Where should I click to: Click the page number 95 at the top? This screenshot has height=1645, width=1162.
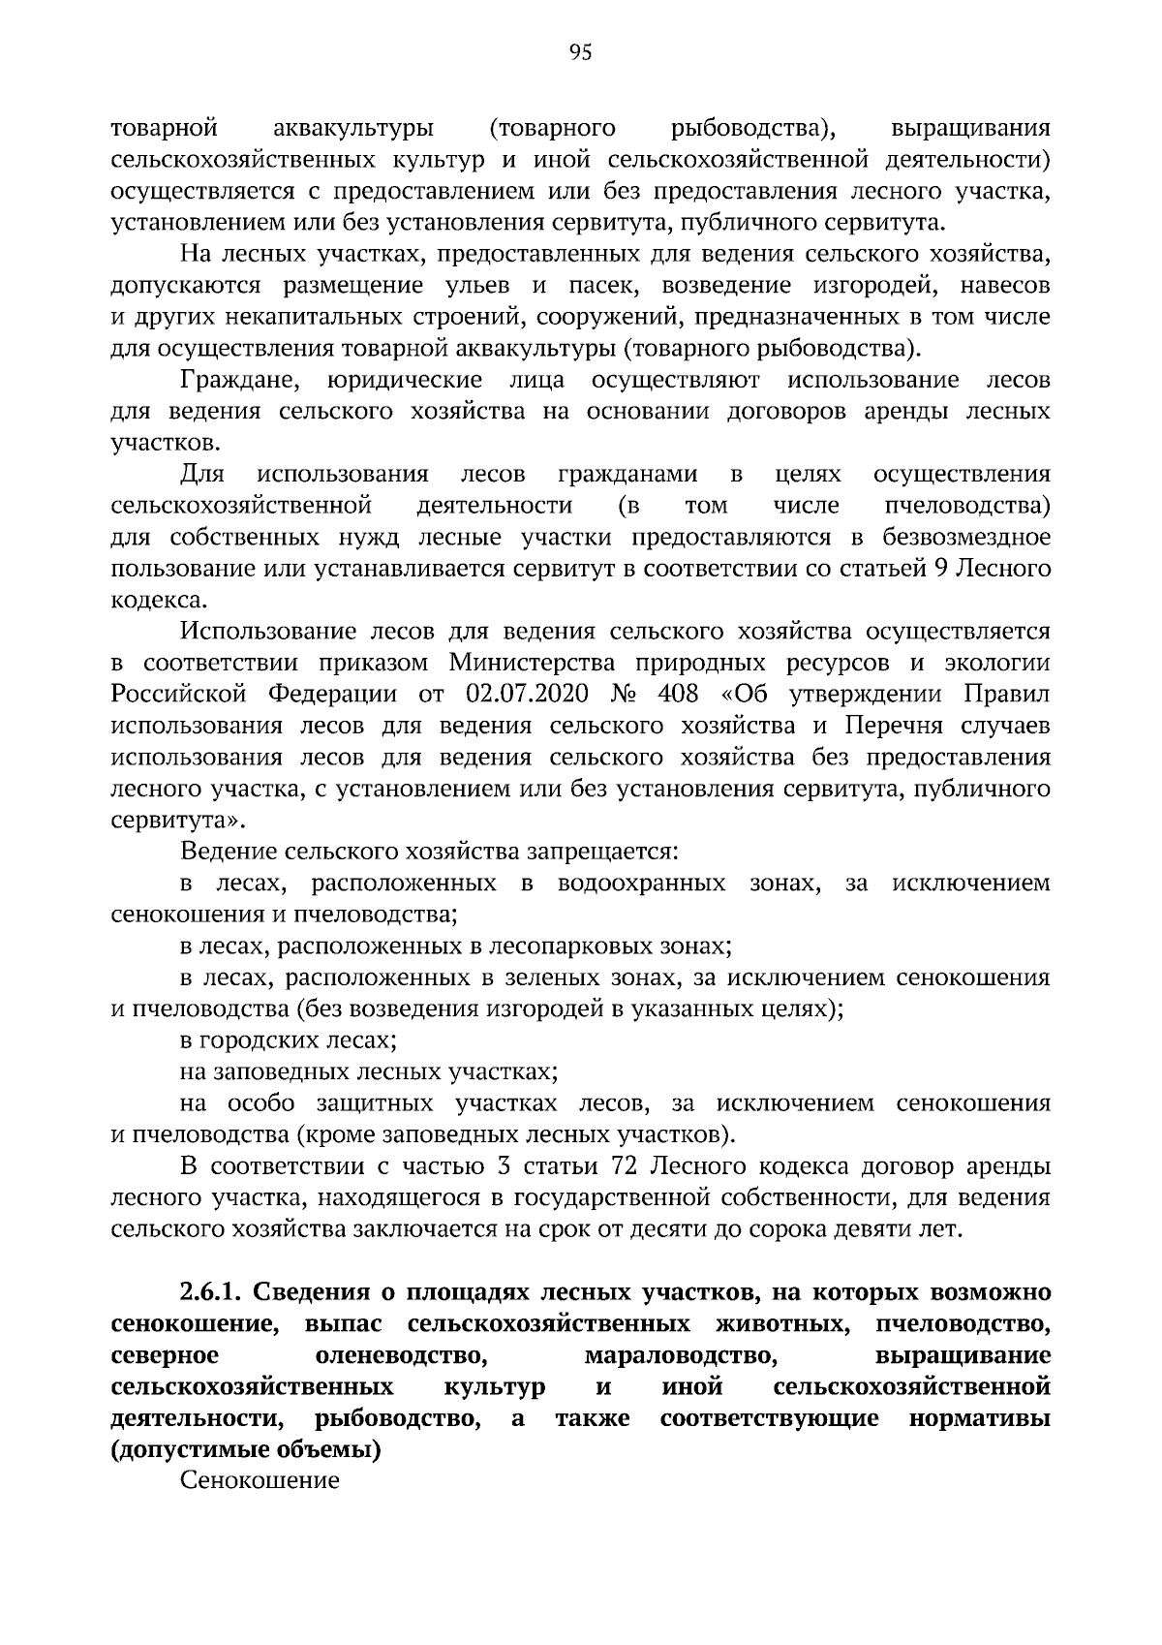coord(580,52)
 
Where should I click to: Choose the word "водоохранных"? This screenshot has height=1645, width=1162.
coord(642,883)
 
